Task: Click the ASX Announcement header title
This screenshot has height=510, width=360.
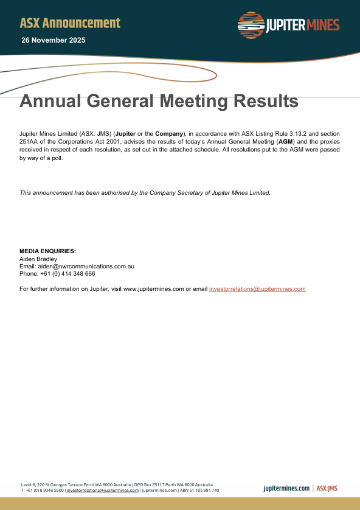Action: [x=70, y=23]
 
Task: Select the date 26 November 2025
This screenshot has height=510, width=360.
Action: [x=54, y=40]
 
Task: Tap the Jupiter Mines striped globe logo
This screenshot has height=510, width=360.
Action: [x=251, y=26]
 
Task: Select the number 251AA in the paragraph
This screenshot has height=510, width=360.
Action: [x=29, y=141]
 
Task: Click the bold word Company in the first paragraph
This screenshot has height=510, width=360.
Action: [x=169, y=133]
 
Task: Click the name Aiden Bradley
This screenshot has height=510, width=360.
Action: [x=38, y=259]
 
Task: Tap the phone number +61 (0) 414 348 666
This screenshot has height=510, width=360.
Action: [x=67, y=274]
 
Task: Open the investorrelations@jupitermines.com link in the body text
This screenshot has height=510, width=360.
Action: [x=257, y=289]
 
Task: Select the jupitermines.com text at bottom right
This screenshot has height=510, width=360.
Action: [x=286, y=488]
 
